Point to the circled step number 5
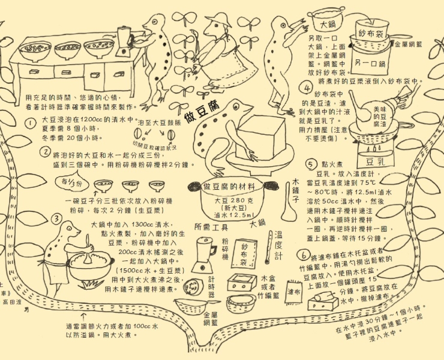[310, 163]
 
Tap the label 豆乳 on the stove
[375, 162]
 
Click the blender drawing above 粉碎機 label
[204, 253]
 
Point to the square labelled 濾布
[294, 292]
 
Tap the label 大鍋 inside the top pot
[328, 25]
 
